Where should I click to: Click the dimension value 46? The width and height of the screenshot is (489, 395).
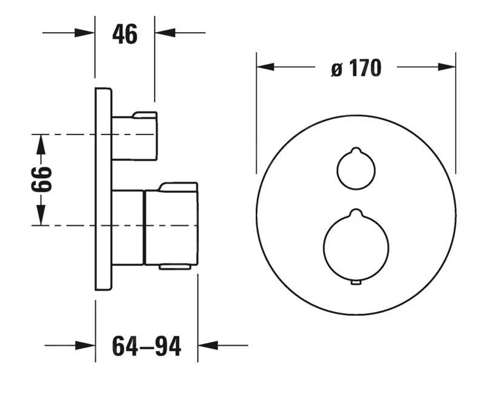point(125,35)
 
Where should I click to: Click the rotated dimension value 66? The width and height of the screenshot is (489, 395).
point(42,179)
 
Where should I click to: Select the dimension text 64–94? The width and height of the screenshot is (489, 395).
point(146,346)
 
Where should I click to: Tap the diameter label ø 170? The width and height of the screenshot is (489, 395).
point(356,68)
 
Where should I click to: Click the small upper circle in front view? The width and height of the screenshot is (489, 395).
point(355,169)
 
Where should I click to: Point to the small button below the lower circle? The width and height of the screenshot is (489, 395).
point(356,282)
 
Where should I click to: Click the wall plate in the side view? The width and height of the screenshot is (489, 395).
point(104,189)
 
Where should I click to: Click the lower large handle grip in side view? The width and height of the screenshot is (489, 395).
point(171,225)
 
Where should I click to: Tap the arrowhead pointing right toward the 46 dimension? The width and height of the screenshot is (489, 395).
point(85,33)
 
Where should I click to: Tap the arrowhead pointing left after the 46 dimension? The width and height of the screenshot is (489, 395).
point(165,33)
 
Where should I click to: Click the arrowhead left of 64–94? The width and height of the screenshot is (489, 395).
point(85,346)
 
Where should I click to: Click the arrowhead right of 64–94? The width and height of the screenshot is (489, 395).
point(208,346)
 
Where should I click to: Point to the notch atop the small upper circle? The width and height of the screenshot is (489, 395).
point(356,150)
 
